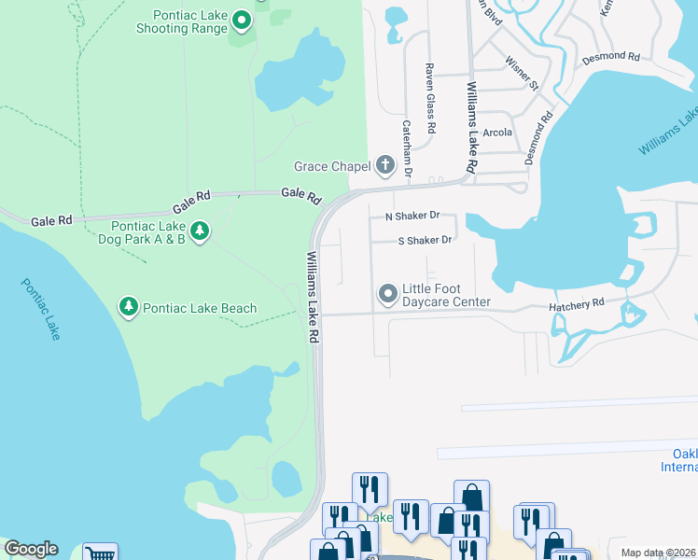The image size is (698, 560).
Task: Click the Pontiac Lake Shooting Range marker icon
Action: coord(242,20)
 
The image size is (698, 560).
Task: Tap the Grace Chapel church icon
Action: coord(384,166)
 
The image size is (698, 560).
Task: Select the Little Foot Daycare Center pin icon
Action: coord(387,295)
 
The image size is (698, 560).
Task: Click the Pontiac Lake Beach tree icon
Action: coord(128,307)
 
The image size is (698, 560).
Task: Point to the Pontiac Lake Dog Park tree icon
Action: coord(199,231)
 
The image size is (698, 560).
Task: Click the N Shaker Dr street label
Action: coord(412,216)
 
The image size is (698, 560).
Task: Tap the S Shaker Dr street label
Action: coord(425,240)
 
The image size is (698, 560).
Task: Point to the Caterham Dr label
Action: coord(407,147)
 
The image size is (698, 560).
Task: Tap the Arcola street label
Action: coord(497,133)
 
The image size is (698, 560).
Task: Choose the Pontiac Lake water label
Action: coord(39,307)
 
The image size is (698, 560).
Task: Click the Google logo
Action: coord(31,549)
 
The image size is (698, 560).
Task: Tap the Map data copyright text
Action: coord(659,553)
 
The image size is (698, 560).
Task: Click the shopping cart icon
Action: coord(100,553)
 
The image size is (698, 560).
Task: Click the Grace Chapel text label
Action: coord(333,166)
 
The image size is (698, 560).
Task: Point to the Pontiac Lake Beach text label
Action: coord(201,308)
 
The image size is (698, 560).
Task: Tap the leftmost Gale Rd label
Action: coord(51,221)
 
